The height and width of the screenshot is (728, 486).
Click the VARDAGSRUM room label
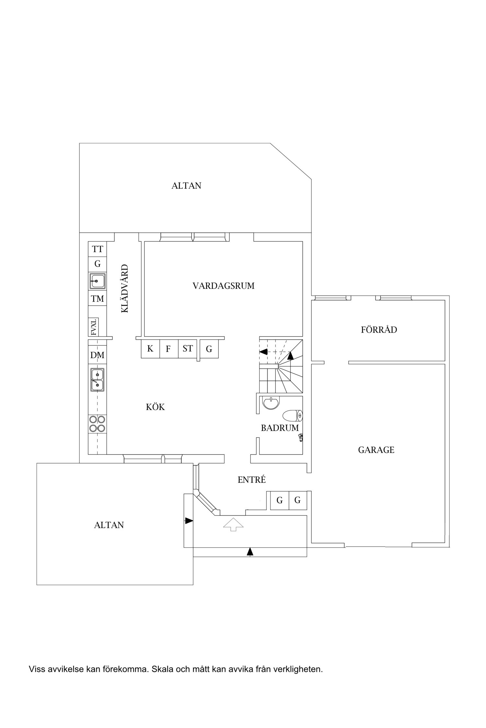224,286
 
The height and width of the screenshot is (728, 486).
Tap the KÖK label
155,407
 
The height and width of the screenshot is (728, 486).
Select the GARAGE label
376,450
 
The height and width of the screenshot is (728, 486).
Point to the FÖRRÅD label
379,329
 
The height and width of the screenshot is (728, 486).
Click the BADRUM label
280,428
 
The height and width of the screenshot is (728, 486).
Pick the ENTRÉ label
252,480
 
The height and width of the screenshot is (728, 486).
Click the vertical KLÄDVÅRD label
125,289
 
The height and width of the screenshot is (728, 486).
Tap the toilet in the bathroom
293,416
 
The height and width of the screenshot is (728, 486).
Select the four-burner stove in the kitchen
97,424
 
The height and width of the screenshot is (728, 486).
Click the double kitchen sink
97,380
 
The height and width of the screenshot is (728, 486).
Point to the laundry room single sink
98,281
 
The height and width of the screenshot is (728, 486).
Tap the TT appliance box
98,249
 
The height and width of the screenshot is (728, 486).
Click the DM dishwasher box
97,355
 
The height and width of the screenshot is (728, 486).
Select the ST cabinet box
188,349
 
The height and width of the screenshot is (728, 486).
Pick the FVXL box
93,327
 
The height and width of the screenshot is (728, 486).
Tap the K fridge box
150,349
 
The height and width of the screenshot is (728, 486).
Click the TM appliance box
98,299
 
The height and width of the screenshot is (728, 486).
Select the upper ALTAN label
186,186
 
